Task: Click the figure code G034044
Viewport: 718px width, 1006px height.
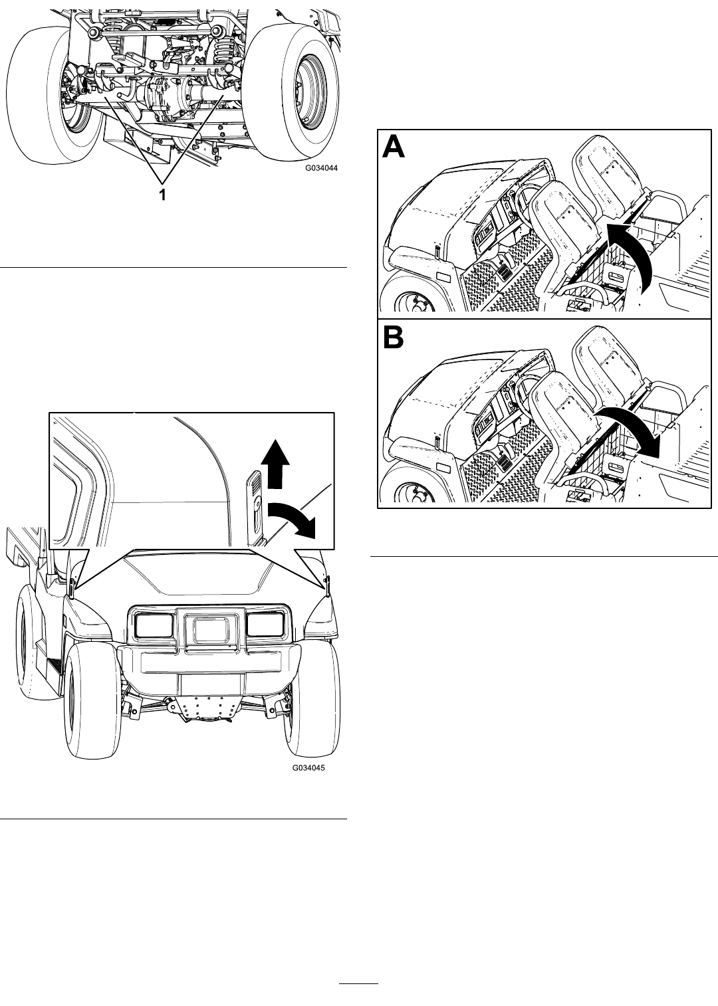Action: [x=321, y=168]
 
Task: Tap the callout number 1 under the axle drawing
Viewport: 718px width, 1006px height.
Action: [x=163, y=195]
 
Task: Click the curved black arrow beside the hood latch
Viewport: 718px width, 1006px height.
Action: [x=292, y=518]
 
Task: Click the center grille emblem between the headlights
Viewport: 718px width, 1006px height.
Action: [x=210, y=627]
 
